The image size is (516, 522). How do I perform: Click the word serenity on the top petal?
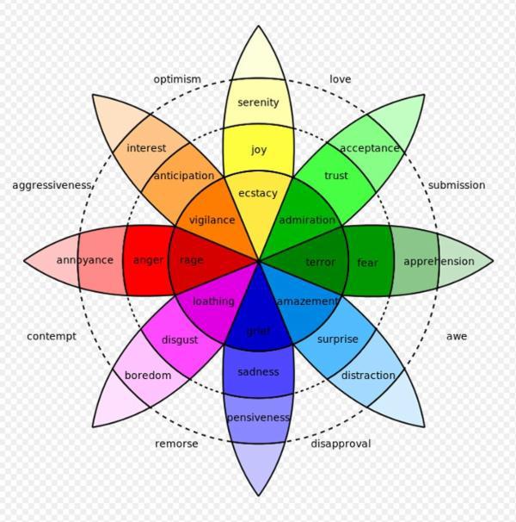[258, 103]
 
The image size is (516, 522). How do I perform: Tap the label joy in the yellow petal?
[259, 150]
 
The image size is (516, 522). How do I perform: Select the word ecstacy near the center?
[258, 193]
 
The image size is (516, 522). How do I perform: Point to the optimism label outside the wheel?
[177, 79]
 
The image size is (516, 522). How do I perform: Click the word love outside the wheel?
[340, 79]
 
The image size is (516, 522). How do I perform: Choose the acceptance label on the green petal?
[370, 148]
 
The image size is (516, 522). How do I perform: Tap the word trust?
[336, 176]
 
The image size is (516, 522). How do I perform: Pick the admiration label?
[307, 220]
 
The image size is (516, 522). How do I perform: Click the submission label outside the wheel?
[457, 185]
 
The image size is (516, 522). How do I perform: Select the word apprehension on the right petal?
[439, 261]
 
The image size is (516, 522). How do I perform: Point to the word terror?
[320, 262]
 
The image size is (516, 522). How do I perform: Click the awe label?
[457, 336]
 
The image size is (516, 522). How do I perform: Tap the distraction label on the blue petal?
[368, 376]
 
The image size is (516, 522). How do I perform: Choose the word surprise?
[337, 339]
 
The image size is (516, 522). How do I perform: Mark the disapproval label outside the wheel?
[341, 444]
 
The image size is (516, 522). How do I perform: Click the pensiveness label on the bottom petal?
[258, 418]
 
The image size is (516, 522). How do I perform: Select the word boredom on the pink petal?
[148, 376]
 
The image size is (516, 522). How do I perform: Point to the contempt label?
[52, 336]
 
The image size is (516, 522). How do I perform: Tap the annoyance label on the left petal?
[85, 260]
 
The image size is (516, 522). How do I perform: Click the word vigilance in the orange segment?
[212, 220]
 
